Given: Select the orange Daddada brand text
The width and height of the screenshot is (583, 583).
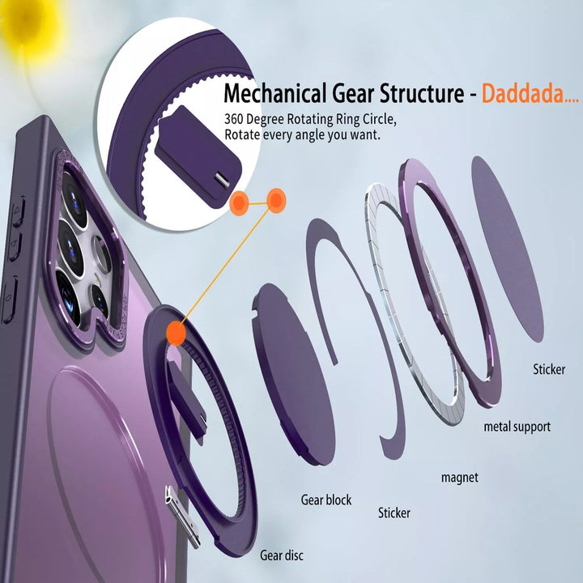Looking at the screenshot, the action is (x=530, y=93).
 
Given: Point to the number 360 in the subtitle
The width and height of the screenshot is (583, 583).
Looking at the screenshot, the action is (x=233, y=119).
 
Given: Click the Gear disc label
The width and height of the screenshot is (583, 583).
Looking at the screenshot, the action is (x=282, y=555).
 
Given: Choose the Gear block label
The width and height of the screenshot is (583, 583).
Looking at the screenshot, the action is (x=326, y=500).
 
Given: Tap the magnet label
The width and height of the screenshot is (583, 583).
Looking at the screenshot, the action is (x=460, y=478).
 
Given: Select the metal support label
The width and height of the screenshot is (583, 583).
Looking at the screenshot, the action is (x=517, y=427).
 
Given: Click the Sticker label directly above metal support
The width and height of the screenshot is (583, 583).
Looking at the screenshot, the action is (x=549, y=369).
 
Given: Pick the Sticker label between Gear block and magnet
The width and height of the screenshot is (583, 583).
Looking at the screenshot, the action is (x=394, y=513).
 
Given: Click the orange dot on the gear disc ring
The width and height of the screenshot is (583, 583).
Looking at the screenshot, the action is (x=176, y=333).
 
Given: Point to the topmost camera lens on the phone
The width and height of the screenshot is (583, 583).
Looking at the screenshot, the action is (x=74, y=197).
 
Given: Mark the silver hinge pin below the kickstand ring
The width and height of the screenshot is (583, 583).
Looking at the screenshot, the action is (x=182, y=517).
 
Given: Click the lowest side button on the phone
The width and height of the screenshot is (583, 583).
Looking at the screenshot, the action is (x=9, y=300).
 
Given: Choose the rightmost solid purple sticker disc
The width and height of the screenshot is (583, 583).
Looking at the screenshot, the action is (x=508, y=249).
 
